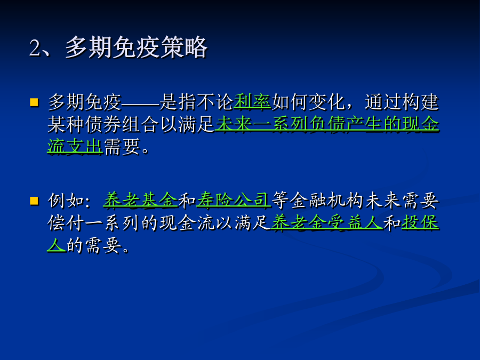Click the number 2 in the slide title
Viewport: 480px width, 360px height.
point(35,48)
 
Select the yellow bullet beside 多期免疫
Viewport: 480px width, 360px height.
point(34,102)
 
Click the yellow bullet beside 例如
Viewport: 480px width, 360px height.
point(34,201)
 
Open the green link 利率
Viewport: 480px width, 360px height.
point(252,102)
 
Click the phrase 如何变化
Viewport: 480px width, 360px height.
point(308,102)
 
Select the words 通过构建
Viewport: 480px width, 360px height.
point(402,102)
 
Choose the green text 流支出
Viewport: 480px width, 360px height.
point(75,146)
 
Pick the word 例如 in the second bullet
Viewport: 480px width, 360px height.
point(66,201)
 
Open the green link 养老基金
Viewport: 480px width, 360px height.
point(140,201)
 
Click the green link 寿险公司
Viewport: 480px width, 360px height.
point(234,201)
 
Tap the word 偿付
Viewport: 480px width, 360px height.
point(66,223)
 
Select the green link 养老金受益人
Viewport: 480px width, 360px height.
point(327,222)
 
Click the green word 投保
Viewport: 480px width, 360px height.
point(420,222)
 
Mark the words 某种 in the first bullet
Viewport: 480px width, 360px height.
point(66,124)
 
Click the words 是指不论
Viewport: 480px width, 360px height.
point(196,102)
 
